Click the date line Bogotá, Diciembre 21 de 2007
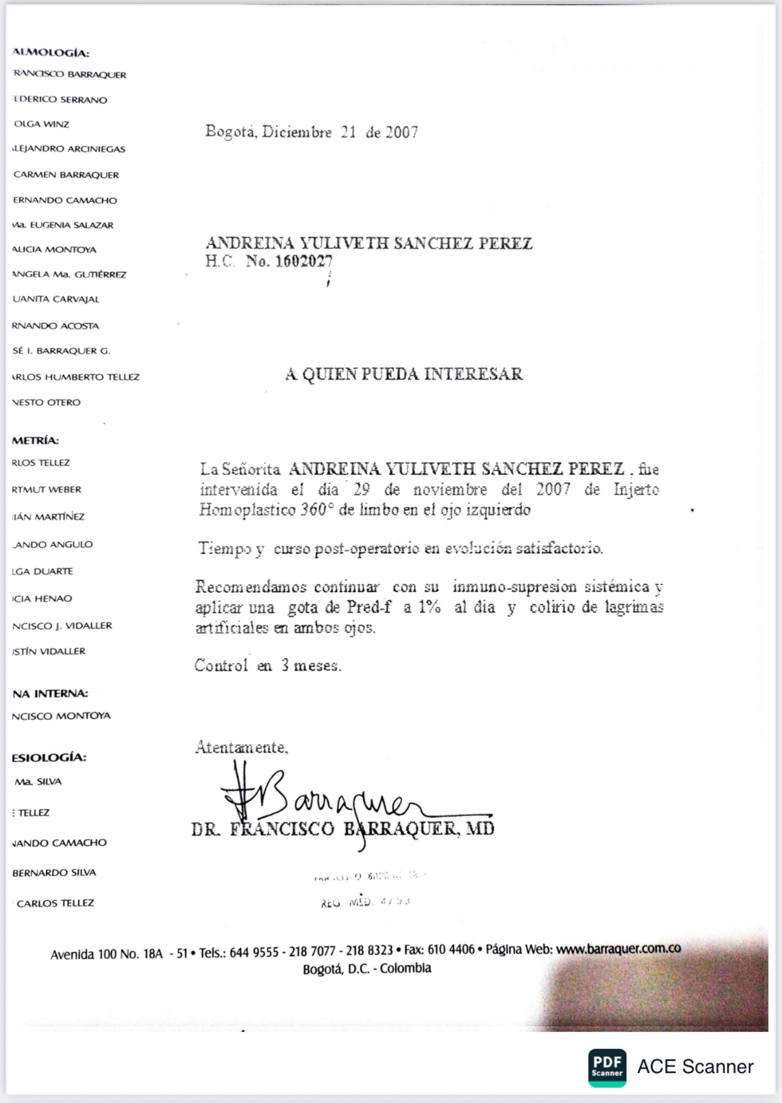(x=312, y=132)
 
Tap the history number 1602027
(x=304, y=262)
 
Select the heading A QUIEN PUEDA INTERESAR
(x=404, y=374)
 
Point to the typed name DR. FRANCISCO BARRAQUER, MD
(x=343, y=829)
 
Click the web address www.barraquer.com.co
(x=618, y=949)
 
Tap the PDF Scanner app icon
(x=607, y=1067)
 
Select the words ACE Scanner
(x=695, y=1067)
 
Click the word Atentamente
(x=241, y=747)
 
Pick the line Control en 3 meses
(x=267, y=666)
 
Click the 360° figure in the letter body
(x=316, y=510)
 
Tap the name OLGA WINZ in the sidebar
(x=41, y=124)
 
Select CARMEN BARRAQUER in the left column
(x=66, y=175)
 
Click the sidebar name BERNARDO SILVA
(x=54, y=872)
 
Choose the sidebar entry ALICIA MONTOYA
(x=54, y=249)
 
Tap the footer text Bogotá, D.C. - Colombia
(x=367, y=968)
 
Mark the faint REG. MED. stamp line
(x=366, y=902)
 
